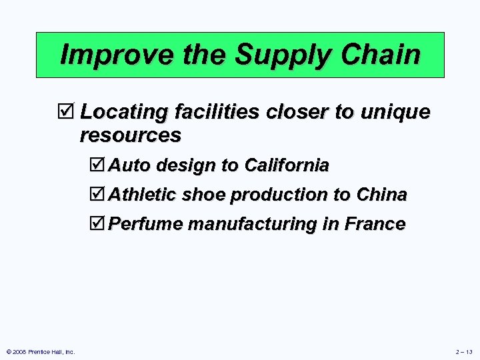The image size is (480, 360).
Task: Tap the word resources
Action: point(130,135)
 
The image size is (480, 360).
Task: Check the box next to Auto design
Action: point(97,165)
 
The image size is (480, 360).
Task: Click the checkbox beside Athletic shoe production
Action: point(97,195)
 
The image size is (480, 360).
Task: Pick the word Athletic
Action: point(143,195)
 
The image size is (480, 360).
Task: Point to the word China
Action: point(381,195)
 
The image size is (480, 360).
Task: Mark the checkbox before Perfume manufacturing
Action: point(97,224)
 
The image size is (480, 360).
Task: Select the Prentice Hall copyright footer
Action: point(39,352)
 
